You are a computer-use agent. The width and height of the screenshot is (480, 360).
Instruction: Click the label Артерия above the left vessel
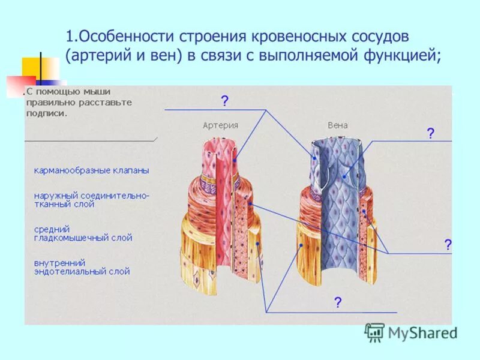click(x=220, y=125)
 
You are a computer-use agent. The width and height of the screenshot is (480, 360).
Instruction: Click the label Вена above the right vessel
click(x=337, y=125)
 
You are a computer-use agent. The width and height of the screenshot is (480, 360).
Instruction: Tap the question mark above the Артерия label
click(x=224, y=101)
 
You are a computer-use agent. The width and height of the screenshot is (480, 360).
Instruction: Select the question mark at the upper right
click(x=430, y=133)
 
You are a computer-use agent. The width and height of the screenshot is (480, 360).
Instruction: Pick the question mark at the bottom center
click(x=338, y=302)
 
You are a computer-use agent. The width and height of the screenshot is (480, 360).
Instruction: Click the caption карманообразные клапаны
click(x=91, y=170)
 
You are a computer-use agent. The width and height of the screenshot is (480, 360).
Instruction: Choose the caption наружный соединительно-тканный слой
click(x=91, y=200)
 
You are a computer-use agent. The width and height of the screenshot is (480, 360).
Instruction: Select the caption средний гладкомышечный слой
click(x=83, y=233)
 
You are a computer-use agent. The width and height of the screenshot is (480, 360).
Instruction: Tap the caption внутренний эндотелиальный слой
click(x=82, y=267)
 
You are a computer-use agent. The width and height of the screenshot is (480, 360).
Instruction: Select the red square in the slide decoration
click(x=20, y=86)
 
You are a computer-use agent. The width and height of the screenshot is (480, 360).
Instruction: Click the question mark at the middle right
click(x=448, y=244)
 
